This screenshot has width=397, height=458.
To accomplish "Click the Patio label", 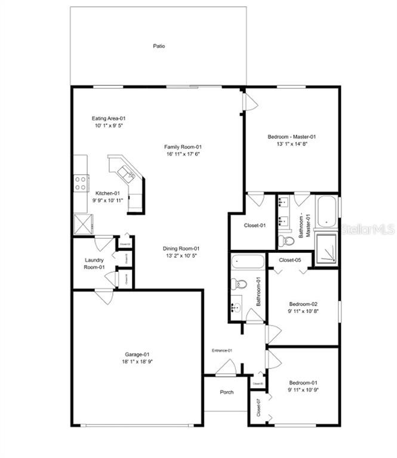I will coord(158,46).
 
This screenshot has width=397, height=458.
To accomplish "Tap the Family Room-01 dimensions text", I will coord(184,154).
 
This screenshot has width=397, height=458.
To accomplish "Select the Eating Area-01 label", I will coord(108,118).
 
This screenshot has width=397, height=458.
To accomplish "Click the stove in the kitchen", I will coord(81,182).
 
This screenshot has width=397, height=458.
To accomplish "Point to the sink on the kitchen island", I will coord(126,174).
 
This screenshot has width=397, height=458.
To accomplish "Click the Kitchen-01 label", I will coord(108,193).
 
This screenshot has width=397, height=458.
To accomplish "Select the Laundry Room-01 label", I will coord(94,264).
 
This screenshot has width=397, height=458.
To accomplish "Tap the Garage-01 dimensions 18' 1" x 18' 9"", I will coord(137,361).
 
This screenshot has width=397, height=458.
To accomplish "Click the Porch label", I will coord(226,392).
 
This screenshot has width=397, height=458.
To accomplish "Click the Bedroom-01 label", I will coord(303,382).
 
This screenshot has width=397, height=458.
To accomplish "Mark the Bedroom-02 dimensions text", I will coord(303,310).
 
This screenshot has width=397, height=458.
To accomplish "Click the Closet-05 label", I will coord(290,260).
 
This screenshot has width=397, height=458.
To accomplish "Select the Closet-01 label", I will coord(254,225).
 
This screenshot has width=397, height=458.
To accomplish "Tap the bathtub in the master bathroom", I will coord(326,212).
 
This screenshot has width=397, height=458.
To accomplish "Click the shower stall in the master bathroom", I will coord(326,249).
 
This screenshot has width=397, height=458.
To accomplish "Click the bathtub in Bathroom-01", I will coord(247,262).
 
